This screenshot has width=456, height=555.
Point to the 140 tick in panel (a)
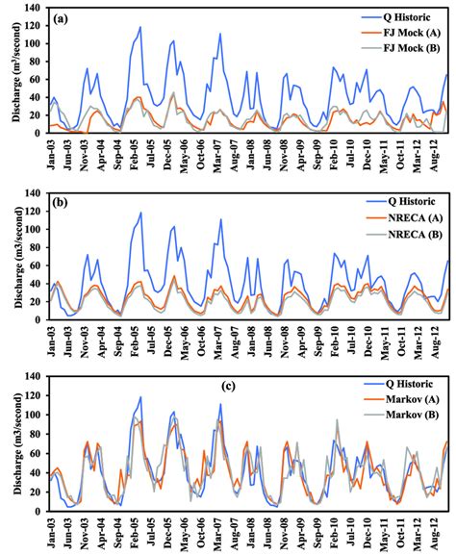click(35, 8)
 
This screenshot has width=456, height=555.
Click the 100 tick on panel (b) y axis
click(35, 230)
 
